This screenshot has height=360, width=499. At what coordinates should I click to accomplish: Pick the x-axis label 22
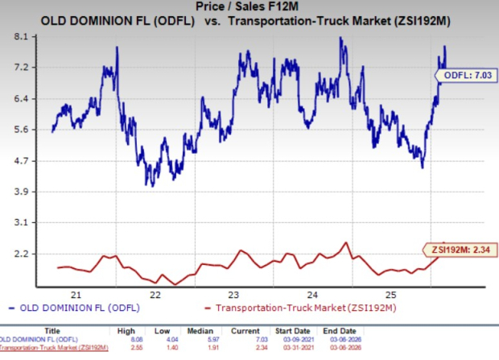[155, 294]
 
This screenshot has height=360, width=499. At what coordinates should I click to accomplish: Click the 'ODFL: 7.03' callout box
[464, 76]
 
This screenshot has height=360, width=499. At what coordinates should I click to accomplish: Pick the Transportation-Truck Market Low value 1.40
[179, 348]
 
